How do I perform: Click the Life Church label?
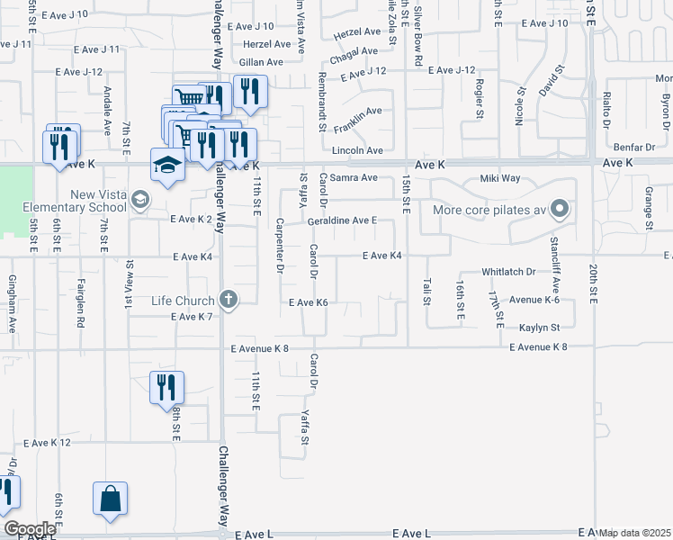point(182,301)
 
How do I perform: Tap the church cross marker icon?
point(229,300)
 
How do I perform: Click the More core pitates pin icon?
point(560,211)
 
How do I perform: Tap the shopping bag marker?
point(110,499)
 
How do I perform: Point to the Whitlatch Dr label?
point(508,271)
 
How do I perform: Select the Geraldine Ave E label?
point(341,220)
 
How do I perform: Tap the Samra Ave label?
point(354,178)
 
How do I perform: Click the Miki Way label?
point(501,178)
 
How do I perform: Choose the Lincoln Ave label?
point(358,150)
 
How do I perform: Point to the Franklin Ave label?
point(358,112)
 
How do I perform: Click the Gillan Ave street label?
point(261,62)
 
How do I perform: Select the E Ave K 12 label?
point(48,443)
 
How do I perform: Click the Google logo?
point(30,529)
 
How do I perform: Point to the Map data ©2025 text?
point(636,533)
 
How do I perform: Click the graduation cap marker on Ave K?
point(167,166)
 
